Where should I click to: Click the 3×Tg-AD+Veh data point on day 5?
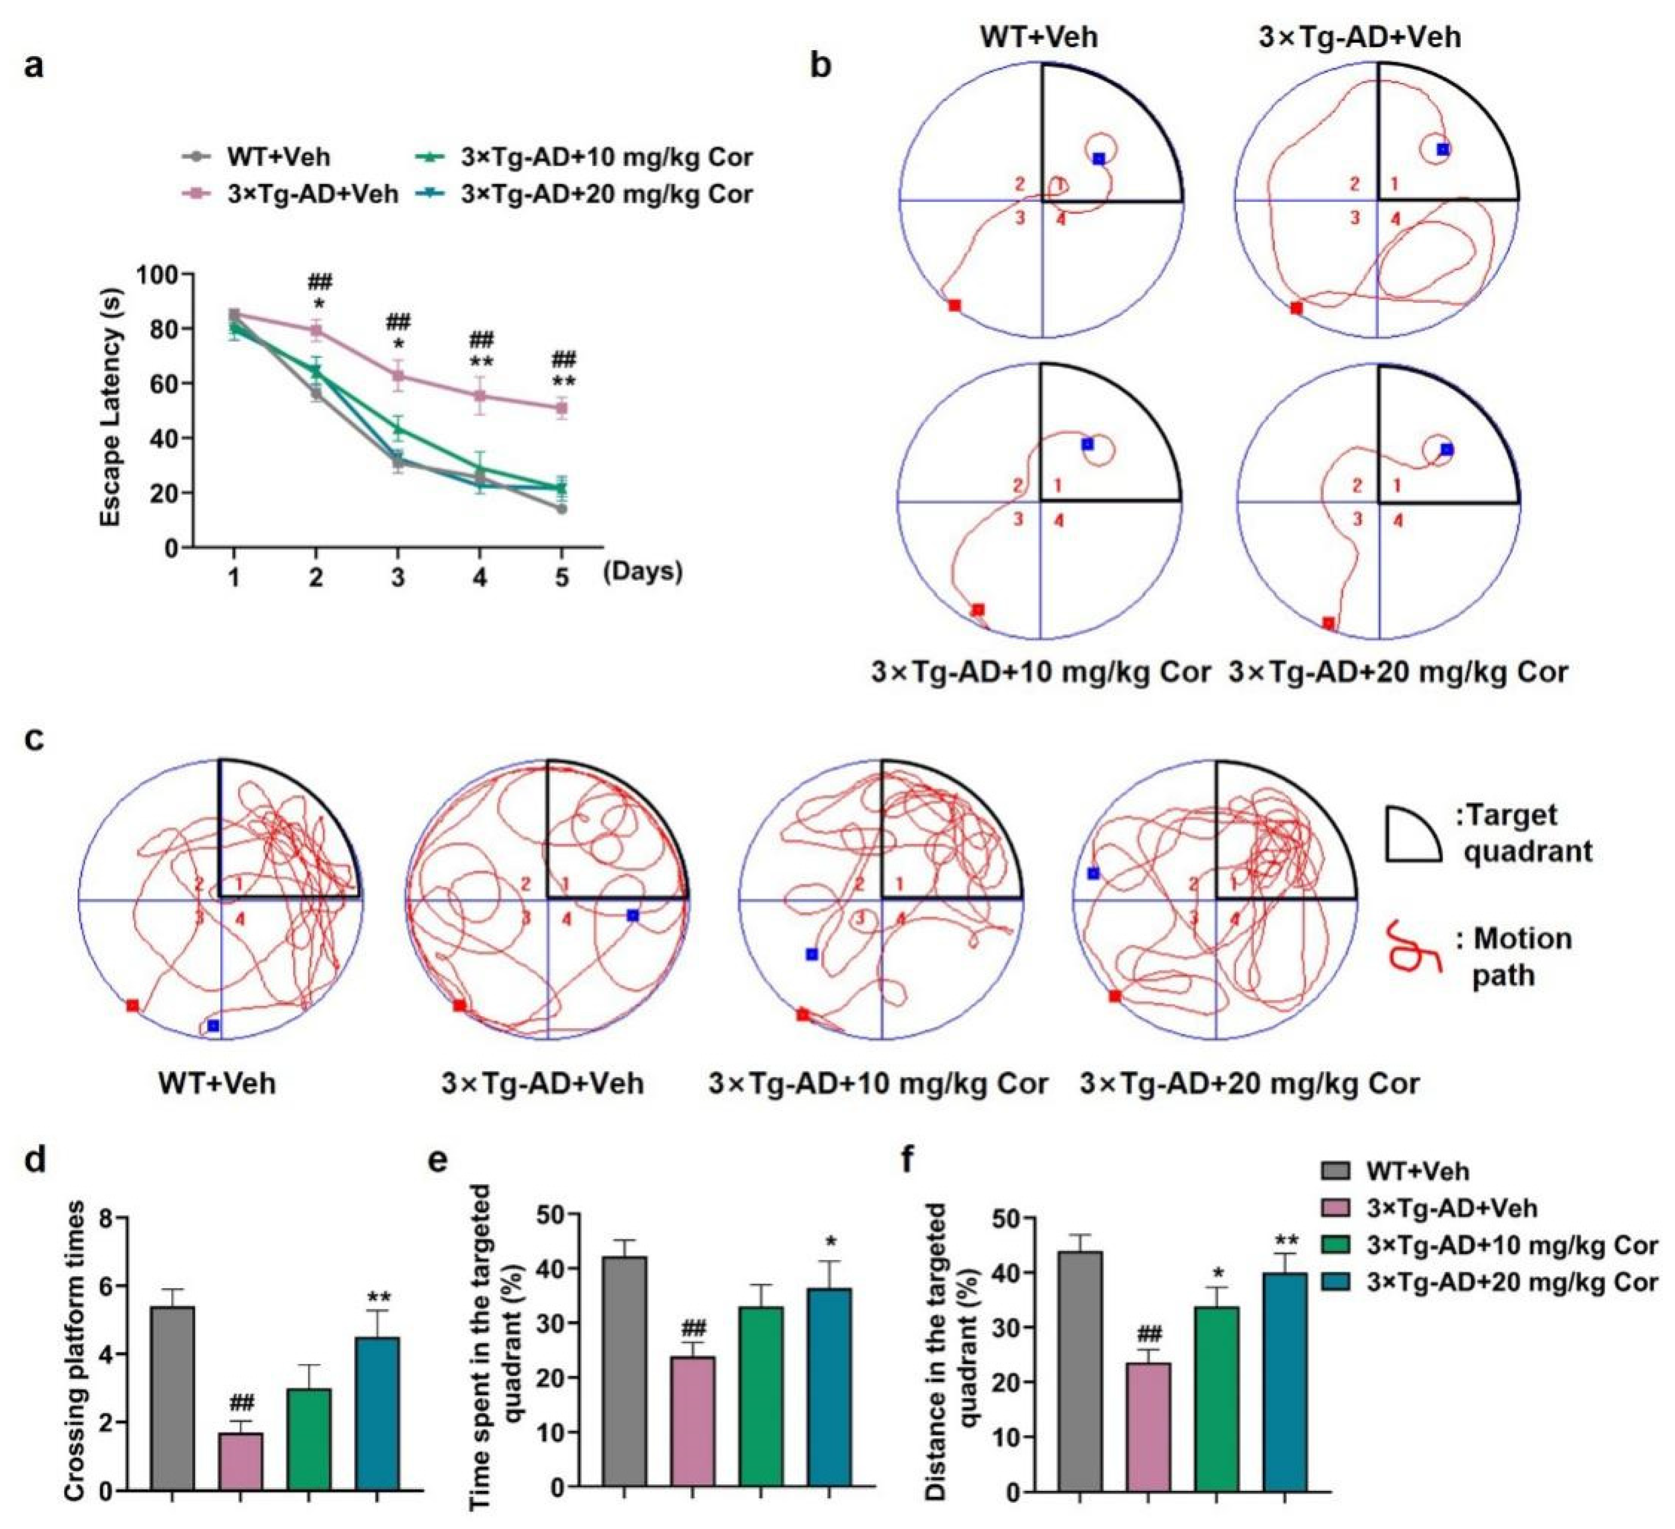coord(562,408)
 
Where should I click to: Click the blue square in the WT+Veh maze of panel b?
coord(1098,158)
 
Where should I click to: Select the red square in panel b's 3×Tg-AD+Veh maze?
coord(1296,308)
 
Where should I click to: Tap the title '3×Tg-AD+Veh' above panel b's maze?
coord(1359,38)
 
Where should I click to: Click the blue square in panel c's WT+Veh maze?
coord(214,1026)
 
